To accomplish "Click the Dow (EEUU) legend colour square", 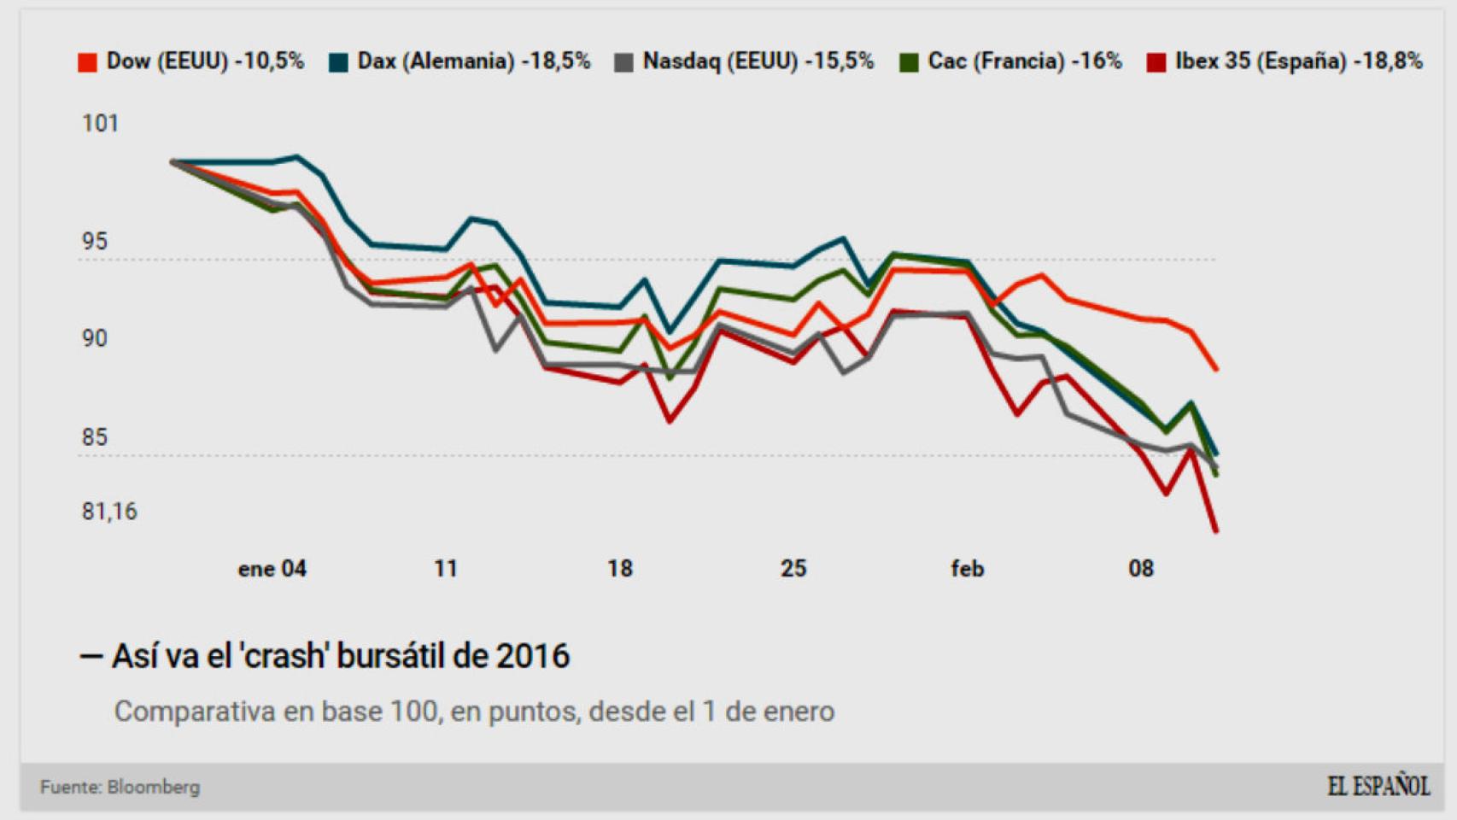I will pos(87,62).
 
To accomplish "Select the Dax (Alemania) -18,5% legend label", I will pos(473,61).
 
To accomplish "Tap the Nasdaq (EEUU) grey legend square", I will pos(623,62).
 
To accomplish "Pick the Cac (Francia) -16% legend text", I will pos(1024,61).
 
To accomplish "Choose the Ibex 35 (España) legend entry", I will pos(1297,61).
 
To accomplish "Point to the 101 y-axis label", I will pos(100,124).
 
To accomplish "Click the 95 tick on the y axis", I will pos(95,242).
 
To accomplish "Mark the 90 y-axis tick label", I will pos(95,339).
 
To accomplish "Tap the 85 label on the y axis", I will pos(95,437).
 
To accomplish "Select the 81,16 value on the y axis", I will pos(109,512).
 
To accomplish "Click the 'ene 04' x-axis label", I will pos(272,569).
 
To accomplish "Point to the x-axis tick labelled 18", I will pos(620,569).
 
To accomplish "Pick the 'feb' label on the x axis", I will pos(967,569).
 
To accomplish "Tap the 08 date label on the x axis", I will pos(1141,569).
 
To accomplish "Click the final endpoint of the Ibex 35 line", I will pos(1215,531).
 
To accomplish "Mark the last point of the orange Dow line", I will pos(1215,369).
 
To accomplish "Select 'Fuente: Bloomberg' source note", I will pos(120,787).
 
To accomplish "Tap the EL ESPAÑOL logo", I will pos(1378,786).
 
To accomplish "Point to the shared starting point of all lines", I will pos(173,161).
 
